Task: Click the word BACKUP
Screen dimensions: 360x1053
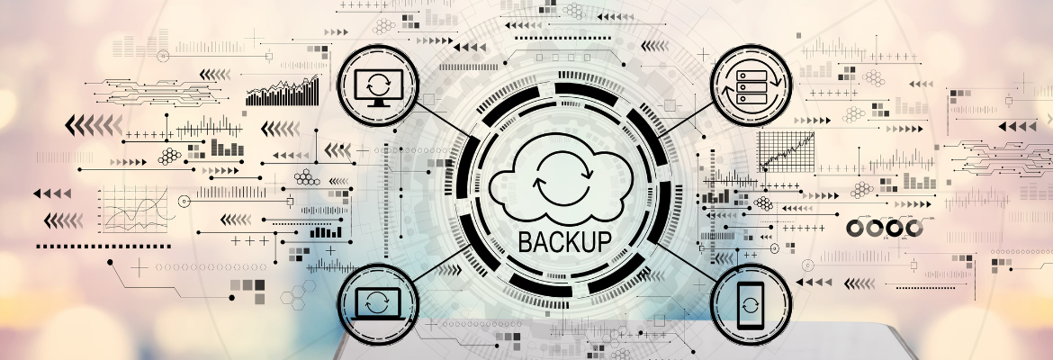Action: click(x=565, y=240)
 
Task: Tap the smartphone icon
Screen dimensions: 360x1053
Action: click(x=750, y=304)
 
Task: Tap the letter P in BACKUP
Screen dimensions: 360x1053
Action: click(x=605, y=240)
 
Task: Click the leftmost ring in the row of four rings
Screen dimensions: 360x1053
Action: click(x=854, y=229)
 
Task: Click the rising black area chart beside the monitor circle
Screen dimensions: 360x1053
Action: click(x=283, y=91)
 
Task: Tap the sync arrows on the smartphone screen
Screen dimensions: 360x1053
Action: click(x=750, y=305)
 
